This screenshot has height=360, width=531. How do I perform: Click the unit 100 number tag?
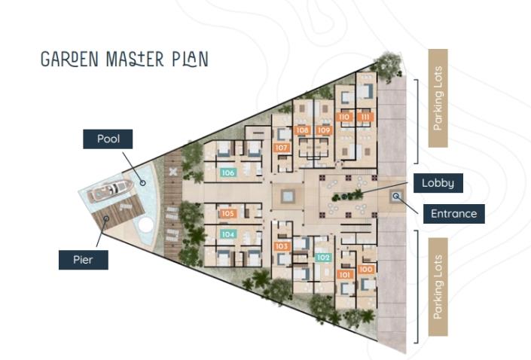pos(367,269)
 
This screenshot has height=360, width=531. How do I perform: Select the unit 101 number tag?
pos(346,275)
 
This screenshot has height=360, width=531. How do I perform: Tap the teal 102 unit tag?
pos(324,257)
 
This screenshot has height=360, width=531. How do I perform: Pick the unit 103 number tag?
pos(282,246)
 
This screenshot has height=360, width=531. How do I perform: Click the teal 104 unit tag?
pos(229,234)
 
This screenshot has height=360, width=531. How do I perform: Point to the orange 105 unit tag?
pos(229,214)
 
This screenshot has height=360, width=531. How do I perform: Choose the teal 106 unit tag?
pos(229,172)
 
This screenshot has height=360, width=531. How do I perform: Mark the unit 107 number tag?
pos(282,148)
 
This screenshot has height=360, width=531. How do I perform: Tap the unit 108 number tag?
pos(304,130)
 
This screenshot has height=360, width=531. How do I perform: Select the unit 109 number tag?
pos(324,130)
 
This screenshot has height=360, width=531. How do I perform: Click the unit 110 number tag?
pos(346,117)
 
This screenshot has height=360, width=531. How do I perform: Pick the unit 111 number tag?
pos(366,117)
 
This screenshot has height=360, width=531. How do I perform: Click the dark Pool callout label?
pos(108,139)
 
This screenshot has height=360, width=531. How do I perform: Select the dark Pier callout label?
pos(84,259)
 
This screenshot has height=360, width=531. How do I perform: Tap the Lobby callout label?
pos(437,183)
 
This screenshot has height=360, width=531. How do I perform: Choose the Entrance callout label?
pos(453,213)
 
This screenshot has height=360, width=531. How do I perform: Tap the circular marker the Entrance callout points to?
pos(396,197)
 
